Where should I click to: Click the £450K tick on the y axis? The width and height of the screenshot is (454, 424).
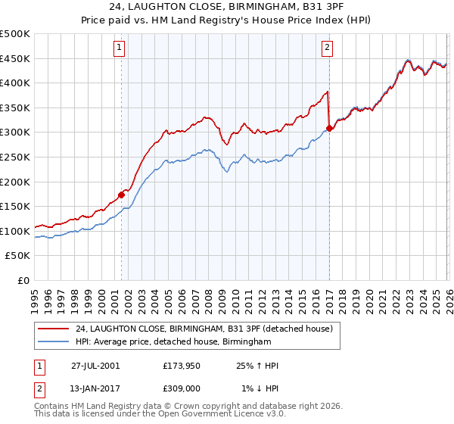[15, 59]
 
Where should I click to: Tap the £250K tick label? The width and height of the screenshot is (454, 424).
[15, 157]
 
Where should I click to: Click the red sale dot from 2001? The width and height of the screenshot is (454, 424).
[122, 195]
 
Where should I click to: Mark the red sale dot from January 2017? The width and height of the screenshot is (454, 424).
[330, 128]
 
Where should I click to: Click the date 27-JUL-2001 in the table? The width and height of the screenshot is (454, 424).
[95, 366]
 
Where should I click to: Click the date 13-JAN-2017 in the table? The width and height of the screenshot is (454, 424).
[95, 388]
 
